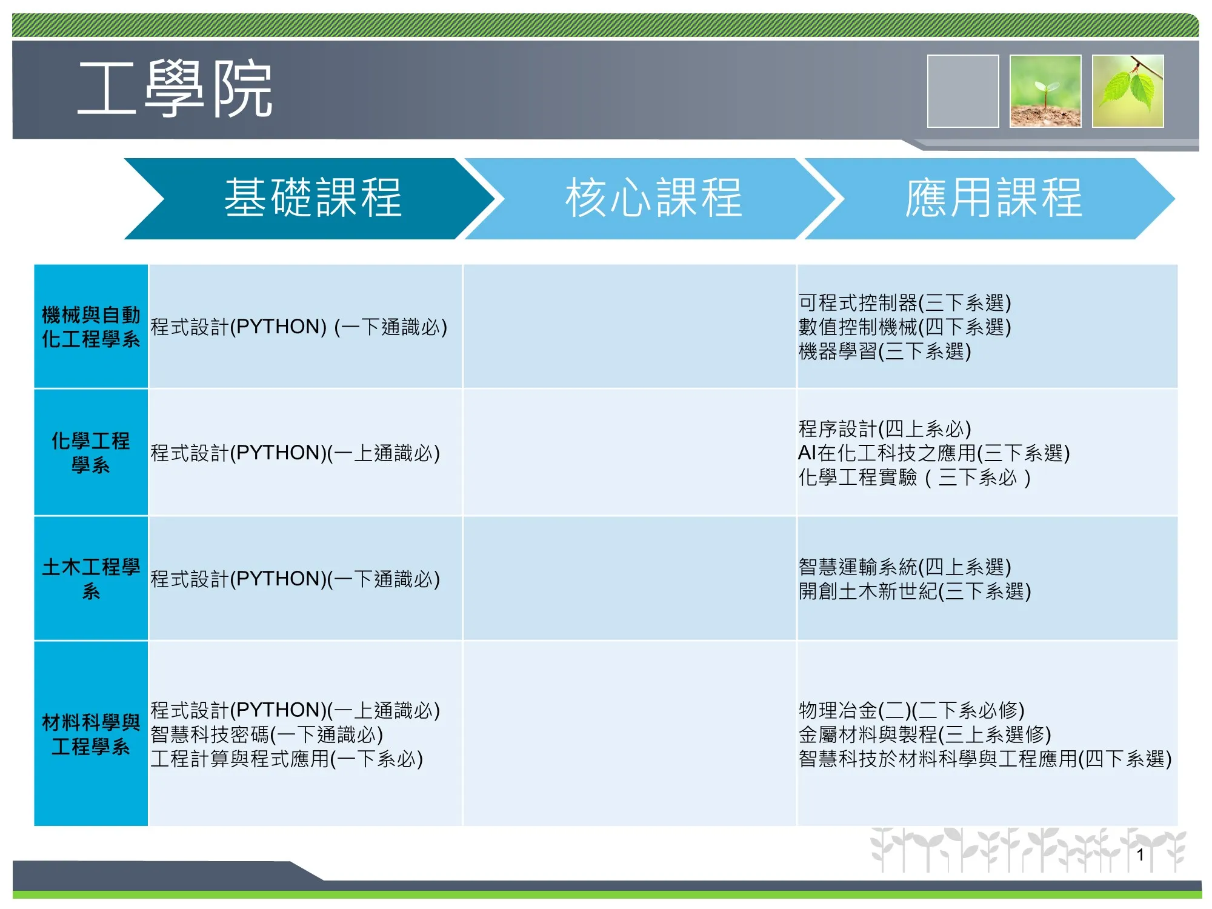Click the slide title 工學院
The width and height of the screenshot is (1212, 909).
(175, 89)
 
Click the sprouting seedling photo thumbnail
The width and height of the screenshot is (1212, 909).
(1045, 91)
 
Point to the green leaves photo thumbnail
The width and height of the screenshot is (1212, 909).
(1128, 91)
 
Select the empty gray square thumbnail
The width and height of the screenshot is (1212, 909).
(963, 91)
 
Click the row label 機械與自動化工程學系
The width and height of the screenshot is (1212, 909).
(91, 327)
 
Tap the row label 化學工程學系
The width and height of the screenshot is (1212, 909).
(91, 453)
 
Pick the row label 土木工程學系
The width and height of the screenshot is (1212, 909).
(91, 579)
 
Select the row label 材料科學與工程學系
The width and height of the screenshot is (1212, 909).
(91, 734)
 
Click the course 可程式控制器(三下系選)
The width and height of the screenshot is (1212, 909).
(905, 302)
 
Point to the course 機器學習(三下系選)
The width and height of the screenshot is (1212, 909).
(885, 351)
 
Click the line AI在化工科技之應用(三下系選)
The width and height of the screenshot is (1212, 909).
(934, 453)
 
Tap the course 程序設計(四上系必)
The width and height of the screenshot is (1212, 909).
(885, 428)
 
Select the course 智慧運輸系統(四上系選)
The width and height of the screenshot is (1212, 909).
(905, 567)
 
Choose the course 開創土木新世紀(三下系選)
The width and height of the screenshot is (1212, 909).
(914, 591)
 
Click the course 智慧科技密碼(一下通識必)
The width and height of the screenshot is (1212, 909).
(267, 734)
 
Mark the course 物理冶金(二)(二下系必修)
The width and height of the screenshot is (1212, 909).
(911, 710)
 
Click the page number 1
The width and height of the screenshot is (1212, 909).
(1140, 855)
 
